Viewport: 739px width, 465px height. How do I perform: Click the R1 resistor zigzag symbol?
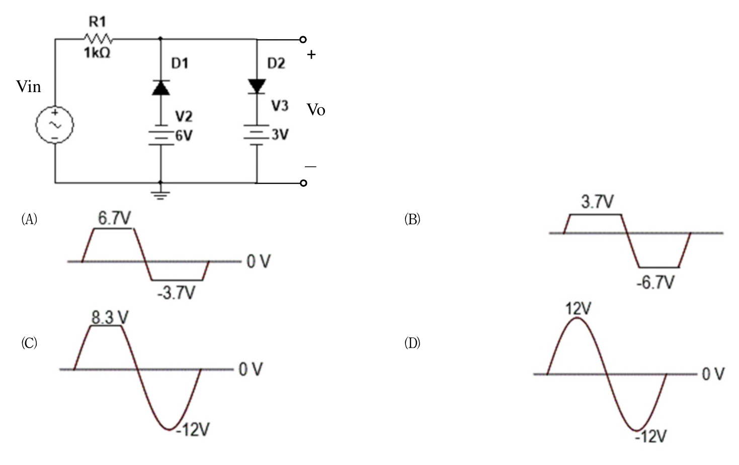click(99, 39)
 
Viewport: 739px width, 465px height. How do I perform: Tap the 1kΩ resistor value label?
click(97, 53)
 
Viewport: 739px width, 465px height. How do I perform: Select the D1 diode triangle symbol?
click(161, 88)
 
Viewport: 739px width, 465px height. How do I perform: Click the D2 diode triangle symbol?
click(257, 87)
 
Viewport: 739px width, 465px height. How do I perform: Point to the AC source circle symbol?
click(55, 125)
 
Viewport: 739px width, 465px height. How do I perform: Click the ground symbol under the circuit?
click(160, 194)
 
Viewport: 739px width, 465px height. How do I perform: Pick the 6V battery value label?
click(184, 136)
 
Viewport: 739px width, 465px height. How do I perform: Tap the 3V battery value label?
click(280, 135)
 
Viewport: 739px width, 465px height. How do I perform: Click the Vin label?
click(29, 87)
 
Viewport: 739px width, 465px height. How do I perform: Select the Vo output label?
click(316, 110)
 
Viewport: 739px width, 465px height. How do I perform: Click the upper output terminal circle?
click(303, 40)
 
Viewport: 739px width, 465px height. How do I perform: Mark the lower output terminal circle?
click(303, 183)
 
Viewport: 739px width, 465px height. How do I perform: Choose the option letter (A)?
click(29, 219)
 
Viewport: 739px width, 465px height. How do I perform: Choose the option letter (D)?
click(413, 343)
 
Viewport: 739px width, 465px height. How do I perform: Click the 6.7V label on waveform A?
click(114, 218)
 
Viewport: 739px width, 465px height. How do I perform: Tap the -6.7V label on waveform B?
click(655, 282)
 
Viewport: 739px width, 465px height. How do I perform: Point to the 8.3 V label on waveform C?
click(110, 318)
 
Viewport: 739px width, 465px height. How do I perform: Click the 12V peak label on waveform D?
click(579, 309)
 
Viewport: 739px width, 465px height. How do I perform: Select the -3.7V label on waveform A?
click(176, 293)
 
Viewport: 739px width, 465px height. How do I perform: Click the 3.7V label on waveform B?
click(597, 202)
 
